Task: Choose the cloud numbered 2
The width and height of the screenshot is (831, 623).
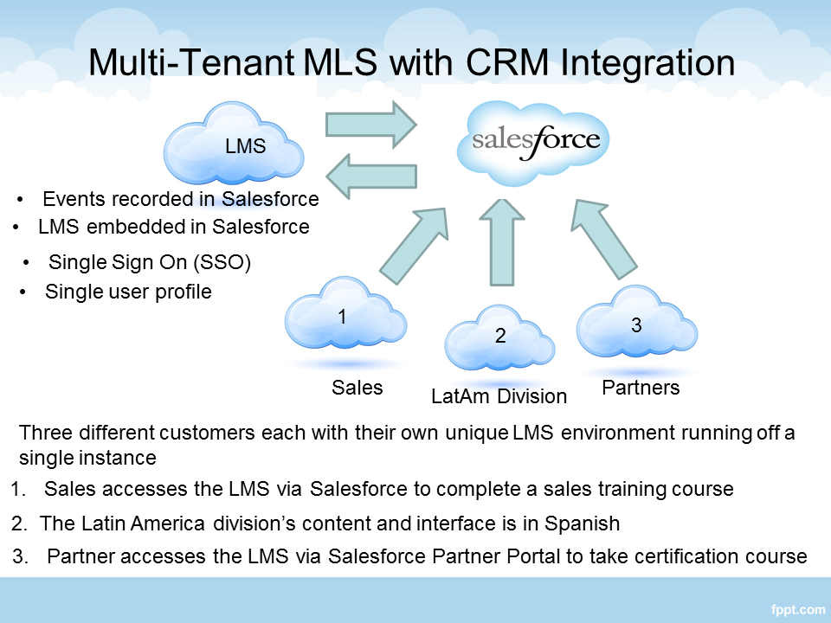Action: click(x=499, y=339)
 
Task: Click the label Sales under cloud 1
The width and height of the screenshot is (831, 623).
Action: click(x=357, y=388)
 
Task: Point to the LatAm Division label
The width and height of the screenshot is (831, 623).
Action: click(x=499, y=397)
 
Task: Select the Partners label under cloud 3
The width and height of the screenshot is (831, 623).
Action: click(x=641, y=388)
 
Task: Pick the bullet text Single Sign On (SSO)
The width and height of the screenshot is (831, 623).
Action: click(x=150, y=262)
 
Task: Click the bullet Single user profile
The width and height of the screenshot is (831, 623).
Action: click(x=128, y=292)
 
